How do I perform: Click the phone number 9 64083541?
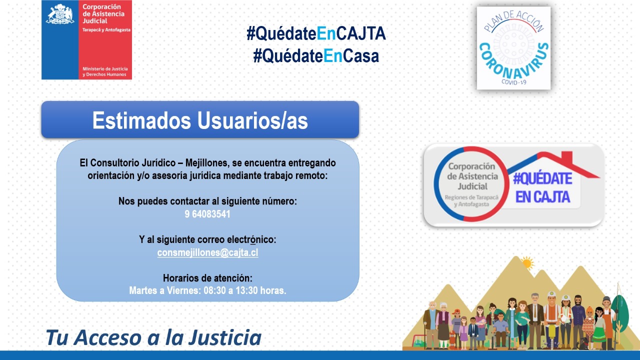(x=207, y=214)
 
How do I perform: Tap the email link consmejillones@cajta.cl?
(x=207, y=252)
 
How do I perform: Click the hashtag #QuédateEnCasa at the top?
(x=316, y=56)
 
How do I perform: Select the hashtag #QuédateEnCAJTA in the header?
(x=316, y=34)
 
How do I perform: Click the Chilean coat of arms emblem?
(x=60, y=14)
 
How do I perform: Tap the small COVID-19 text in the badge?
(x=513, y=82)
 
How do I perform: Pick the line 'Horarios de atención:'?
(x=207, y=278)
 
